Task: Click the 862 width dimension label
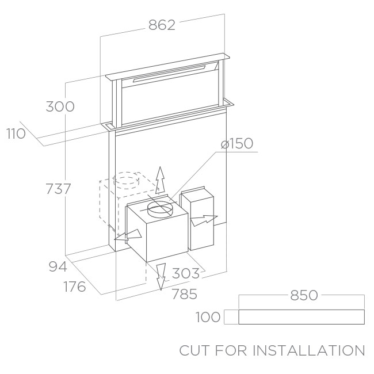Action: (x=162, y=25)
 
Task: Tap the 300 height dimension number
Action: (x=60, y=106)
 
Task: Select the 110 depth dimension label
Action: (x=16, y=133)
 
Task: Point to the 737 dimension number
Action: (x=59, y=189)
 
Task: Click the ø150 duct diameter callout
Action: (x=237, y=143)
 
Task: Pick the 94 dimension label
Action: (x=58, y=266)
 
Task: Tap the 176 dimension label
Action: (x=75, y=287)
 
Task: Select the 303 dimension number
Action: (x=186, y=273)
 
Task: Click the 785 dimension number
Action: (x=185, y=294)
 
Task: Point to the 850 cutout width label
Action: (x=304, y=295)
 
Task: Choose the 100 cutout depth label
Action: (x=208, y=317)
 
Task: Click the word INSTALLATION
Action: (x=309, y=350)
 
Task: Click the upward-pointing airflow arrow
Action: (x=161, y=180)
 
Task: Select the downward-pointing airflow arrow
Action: (x=161, y=277)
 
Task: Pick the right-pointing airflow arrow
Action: (x=204, y=220)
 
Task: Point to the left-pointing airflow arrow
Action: (x=128, y=235)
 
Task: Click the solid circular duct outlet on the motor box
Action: (x=160, y=209)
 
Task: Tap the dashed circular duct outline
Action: (x=127, y=180)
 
